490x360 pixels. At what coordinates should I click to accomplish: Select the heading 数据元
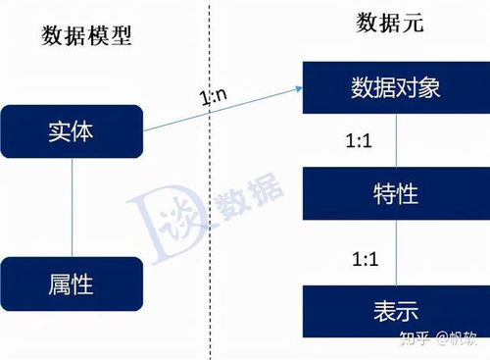pos(389,25)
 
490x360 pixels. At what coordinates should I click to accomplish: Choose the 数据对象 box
pos(394,87)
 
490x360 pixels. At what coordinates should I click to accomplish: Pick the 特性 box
pos(394,193)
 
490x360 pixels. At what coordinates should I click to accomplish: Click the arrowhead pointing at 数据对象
pos(295,89)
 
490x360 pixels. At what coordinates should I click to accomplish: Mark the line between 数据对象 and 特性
pos(394,140)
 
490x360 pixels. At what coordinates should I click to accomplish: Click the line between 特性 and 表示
pos(394,252)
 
